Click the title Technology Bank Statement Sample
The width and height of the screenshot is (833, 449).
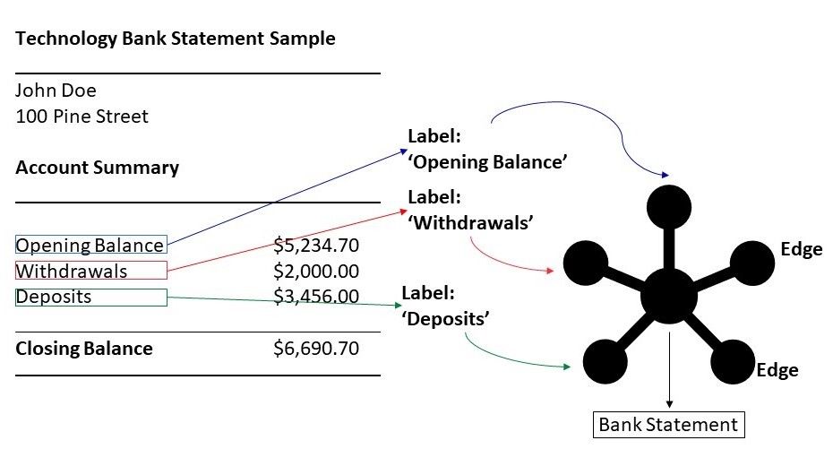click(x=176, y=39)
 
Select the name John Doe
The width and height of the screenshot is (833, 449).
click(x=56, y=91)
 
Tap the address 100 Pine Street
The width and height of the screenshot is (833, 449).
click(x=82, y=117)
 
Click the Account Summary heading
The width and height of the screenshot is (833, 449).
click(x=98, y=168)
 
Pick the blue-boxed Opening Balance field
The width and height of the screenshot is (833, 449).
click(x=90, y=245)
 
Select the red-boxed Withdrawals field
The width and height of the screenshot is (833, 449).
click(x=90, y=271)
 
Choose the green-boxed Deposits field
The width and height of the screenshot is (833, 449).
click(x=90, y=297)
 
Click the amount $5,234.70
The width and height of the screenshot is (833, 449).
click(x=316, y=245)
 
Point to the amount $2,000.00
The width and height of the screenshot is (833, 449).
click(x=316, y=271)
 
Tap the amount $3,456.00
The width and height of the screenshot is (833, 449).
click(x=316, y=296)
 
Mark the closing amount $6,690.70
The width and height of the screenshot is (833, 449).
click(x=316, y=348)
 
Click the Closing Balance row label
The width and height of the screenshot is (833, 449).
click(x=84, y=349)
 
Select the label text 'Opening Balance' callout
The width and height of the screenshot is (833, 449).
click(x=487, y=150)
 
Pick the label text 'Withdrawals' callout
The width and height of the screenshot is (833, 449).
click(x=470, y=210)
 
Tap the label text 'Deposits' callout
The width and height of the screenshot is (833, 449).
click(x=445, y=307)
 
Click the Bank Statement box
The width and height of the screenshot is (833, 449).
click(x=669, y=425)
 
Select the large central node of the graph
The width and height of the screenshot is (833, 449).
click(x=669, y=296)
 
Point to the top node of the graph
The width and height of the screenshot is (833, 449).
click(x=669, y=207)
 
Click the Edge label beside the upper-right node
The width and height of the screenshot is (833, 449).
click(x=801, y=249)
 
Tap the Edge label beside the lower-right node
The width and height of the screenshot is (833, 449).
click(x=777, y=370)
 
